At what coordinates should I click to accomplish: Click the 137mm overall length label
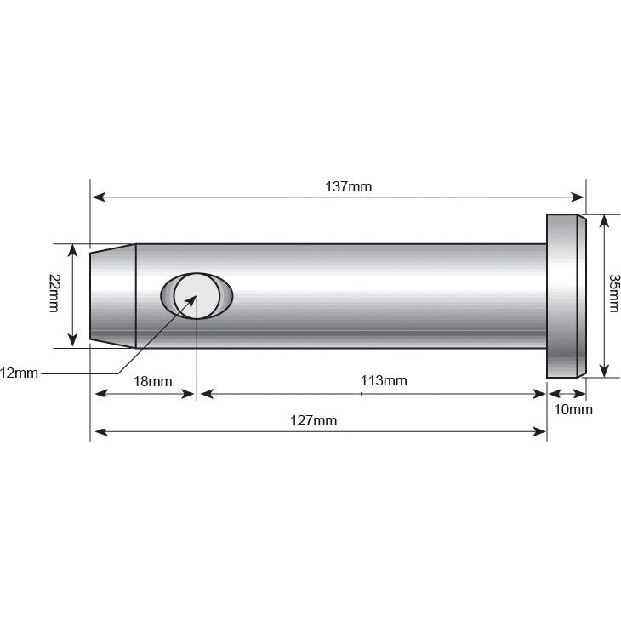click(x=349, y=186)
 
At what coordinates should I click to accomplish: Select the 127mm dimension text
click(x=314, y=421)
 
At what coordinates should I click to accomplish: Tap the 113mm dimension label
click(x=384, y=381)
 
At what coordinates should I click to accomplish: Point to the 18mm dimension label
click(x=153, y=381)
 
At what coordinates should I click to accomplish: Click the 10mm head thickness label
click(x=573, y=409)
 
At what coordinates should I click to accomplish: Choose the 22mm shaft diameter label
click(x=55, y=293)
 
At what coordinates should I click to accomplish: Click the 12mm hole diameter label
click(x=19, y=373)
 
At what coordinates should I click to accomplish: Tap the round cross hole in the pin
click(x=197, y=295)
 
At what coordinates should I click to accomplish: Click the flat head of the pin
click(x=561, y=295)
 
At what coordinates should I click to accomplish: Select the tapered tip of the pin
click(x=113, y=295)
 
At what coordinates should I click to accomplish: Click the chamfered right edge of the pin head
click(x=582, y=295)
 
